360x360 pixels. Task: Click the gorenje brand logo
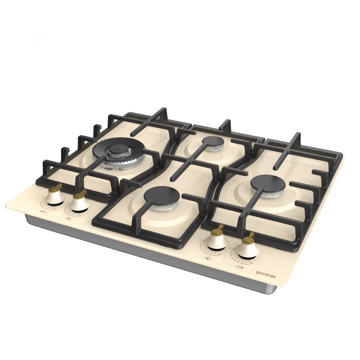(x=266, y=274)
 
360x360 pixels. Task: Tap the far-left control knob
(x=55, y=196)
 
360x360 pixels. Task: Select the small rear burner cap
(x=213, y=141)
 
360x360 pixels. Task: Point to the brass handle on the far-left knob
(x=56, y=187)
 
